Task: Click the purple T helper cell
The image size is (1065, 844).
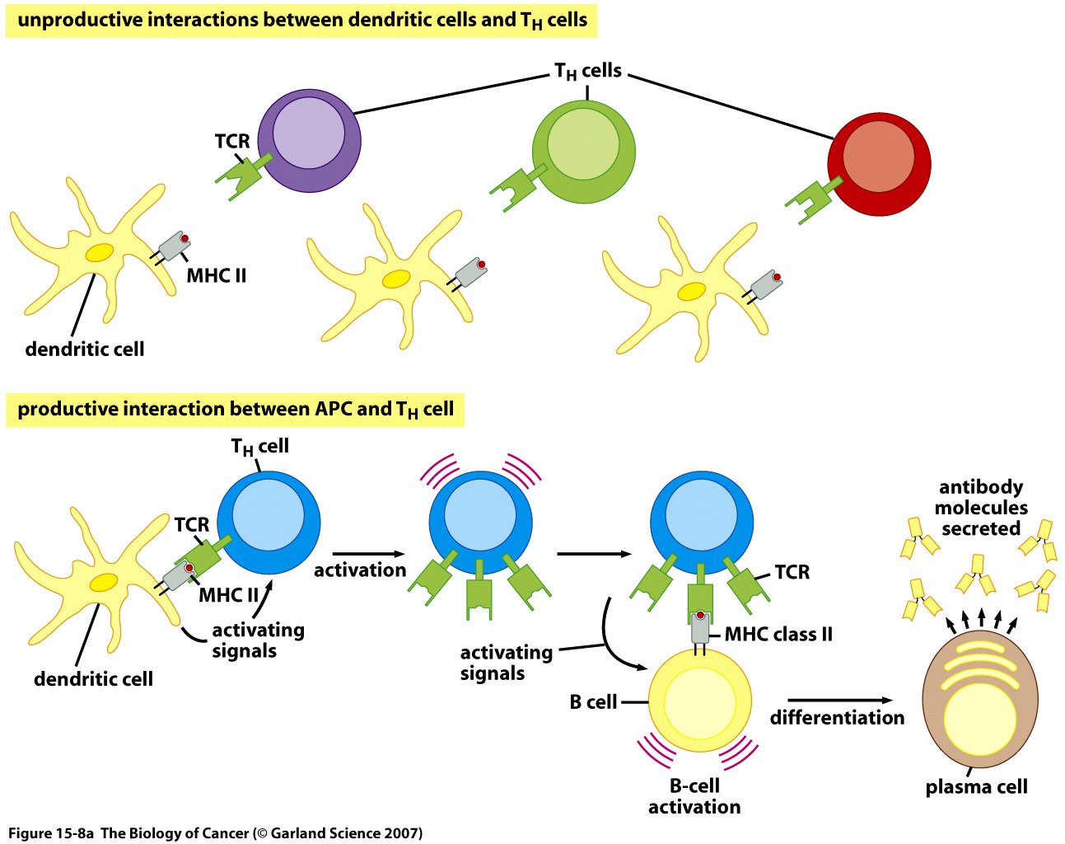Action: coord(309,140)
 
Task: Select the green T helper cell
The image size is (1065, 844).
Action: coord(583,152)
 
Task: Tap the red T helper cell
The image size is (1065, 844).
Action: coord(879,163)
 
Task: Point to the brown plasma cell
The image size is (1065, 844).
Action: coord(976,706)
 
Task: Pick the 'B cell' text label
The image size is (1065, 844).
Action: coord(593,702)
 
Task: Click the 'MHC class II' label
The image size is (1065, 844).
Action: coord(778,635)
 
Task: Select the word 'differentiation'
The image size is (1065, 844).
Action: coord(837,718)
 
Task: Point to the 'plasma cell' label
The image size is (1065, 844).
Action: coord(976,787)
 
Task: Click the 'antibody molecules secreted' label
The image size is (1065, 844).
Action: coord(981,508)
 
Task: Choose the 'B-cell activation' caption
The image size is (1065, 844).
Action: coord(694,796)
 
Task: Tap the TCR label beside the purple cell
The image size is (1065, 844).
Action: coord(231,142)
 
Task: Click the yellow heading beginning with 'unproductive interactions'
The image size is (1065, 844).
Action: coord(301,21)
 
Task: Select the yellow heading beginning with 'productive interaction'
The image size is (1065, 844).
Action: coord(235,410)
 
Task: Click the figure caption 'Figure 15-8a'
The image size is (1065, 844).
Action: coord(215,833)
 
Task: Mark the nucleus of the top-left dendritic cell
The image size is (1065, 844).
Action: coord(100,254)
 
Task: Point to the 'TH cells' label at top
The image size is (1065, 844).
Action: coord(587,72)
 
